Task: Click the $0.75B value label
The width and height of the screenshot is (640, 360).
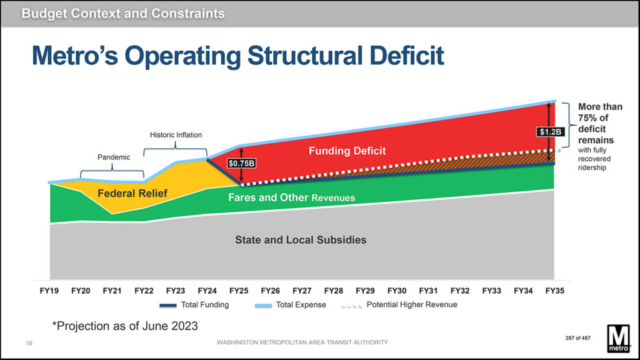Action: tap(241, 163)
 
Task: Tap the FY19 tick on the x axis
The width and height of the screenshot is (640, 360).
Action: tap(49, 291)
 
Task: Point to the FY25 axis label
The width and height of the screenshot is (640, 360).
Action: tap(239, 291)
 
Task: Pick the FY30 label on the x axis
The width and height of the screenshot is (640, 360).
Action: tap(396, 291)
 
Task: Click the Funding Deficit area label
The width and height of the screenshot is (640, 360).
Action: tap(347, 151)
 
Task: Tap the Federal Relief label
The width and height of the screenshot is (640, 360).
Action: tap(132, 194)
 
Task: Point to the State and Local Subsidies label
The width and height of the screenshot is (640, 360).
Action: tap(301, 239)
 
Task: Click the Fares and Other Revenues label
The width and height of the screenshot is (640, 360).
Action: tap(291, 197)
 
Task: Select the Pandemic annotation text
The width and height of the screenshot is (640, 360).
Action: tap(114, 157)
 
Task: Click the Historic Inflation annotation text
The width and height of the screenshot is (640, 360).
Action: tap(176, 135)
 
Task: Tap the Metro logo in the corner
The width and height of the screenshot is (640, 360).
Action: tap(618, 339)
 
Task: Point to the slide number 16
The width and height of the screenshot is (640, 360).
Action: tap(29, 342)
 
